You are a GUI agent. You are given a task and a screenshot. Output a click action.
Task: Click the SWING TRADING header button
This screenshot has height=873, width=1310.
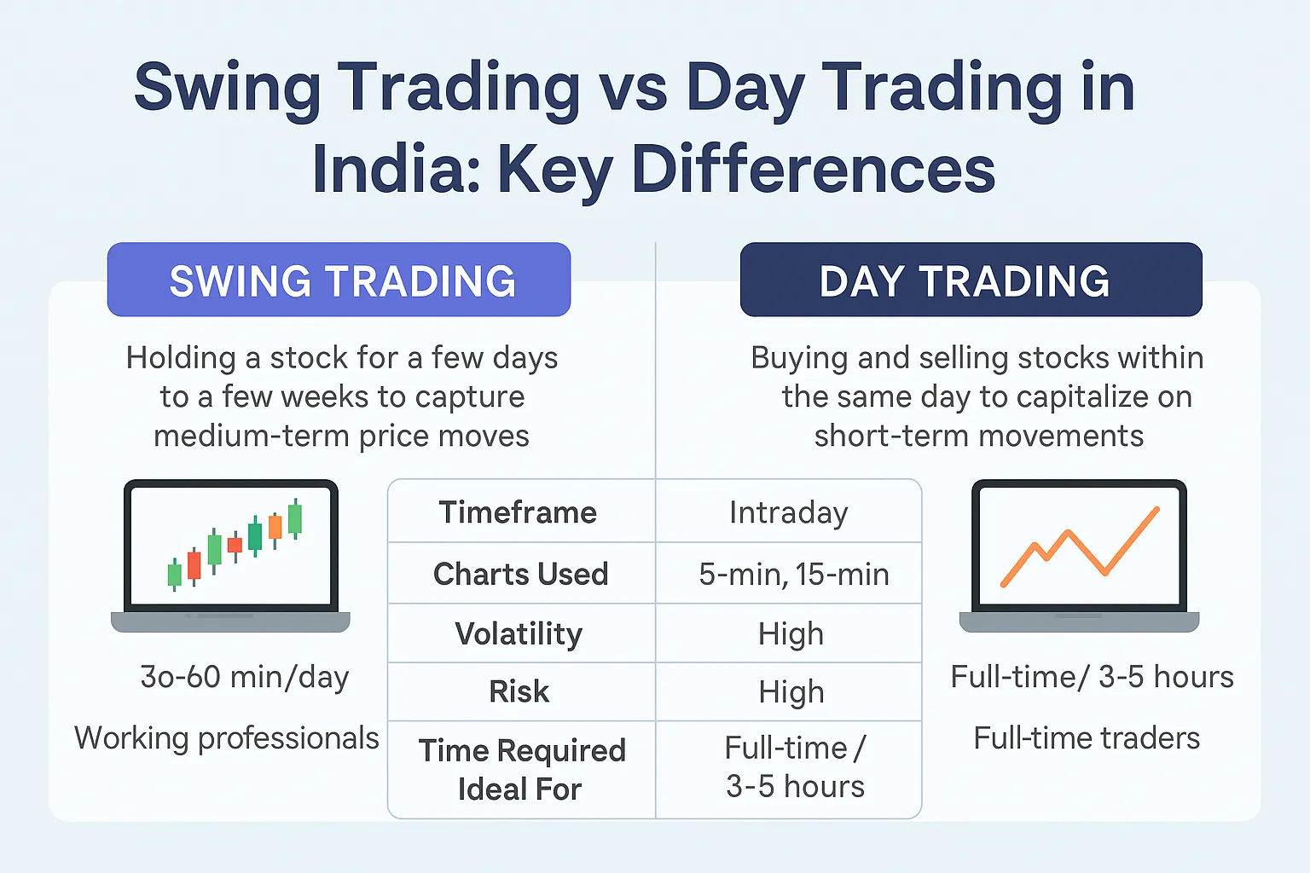(339, 280)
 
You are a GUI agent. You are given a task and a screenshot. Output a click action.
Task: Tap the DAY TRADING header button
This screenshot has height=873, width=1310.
(971, 280)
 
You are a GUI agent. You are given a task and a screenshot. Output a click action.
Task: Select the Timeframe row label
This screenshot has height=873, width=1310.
(518, 512)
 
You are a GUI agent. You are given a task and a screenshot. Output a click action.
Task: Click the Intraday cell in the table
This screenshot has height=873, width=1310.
(788, 512)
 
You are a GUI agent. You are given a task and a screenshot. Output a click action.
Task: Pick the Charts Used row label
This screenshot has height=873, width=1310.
(520, 574)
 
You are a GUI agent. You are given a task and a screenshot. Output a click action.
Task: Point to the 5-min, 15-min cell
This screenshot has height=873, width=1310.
(793, 574)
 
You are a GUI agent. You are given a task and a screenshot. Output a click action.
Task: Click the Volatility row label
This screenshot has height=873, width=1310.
(519, 633)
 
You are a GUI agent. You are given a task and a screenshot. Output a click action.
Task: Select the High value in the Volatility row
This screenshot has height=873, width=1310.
(791, 633)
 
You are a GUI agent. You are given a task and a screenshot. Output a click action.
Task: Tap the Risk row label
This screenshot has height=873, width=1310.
(519, 691)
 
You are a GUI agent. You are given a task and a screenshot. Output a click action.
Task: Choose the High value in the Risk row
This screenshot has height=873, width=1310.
(791, 691)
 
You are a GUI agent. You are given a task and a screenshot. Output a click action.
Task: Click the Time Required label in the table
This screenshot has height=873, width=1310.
(522, 750)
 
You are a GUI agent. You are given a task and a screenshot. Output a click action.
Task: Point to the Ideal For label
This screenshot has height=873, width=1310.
(519, 789)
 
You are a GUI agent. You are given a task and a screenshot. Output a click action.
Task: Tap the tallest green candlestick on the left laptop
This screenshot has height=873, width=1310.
(295, 518)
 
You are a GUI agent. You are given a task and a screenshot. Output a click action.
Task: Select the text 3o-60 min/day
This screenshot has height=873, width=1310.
(245, 677)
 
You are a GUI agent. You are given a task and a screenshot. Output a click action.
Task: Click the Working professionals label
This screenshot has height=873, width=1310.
(227, 738)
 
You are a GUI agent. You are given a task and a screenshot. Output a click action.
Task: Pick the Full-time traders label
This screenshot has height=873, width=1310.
(1087, 738)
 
